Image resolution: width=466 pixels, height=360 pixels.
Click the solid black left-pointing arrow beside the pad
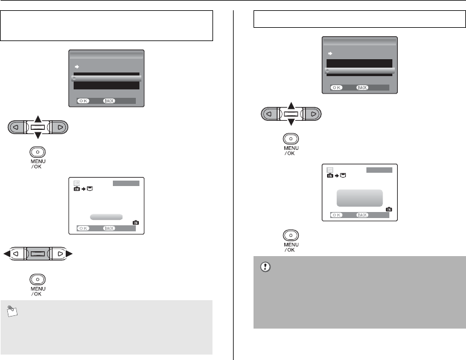[x=5, y=254]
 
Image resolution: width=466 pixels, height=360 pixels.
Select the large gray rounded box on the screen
[x=360, y=198]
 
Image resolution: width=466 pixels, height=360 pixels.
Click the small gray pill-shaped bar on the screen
[x=106, y=216]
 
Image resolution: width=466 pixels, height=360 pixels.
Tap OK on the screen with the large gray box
[x=336, y=214]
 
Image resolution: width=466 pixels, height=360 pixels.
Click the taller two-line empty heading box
[x=107, y=25]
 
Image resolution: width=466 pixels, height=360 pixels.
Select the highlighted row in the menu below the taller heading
[x=106, y=79]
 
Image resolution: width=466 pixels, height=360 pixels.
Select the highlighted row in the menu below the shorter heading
[x=360, y=71]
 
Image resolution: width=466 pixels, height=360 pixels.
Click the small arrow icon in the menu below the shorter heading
[x=330, y=54]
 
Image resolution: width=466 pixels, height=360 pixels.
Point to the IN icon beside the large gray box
[x=389, y=209]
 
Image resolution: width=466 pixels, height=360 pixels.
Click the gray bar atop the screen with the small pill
[x=126, y=183]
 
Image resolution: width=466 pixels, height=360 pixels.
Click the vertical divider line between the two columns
[x=233, y=181]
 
